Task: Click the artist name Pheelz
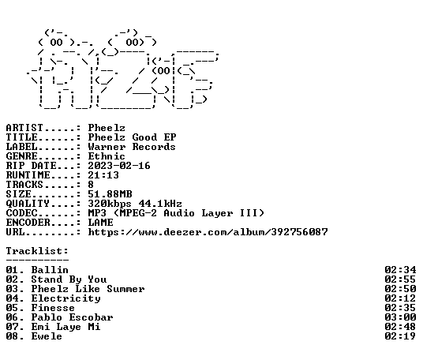[107, 128]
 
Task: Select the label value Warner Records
[132, 147]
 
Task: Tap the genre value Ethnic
[107, 156]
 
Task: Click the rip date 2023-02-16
[119, 166]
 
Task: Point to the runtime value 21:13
[103, 175]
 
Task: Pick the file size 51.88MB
[110, 194]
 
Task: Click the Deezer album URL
[208, 232]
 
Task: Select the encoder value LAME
[101, 223]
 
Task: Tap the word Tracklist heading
[37, 251]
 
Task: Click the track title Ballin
[50, 270]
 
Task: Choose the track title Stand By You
[69, 279]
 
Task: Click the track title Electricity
[66, 298]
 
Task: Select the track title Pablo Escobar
[73, 317]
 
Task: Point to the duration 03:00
[400, 317]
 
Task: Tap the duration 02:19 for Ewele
[400, 336]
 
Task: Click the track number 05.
[13, 308]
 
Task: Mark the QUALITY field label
[28, 204]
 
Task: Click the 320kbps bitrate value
[110, 204]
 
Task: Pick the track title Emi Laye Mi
[66, 327]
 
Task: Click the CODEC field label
[21, 213]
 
